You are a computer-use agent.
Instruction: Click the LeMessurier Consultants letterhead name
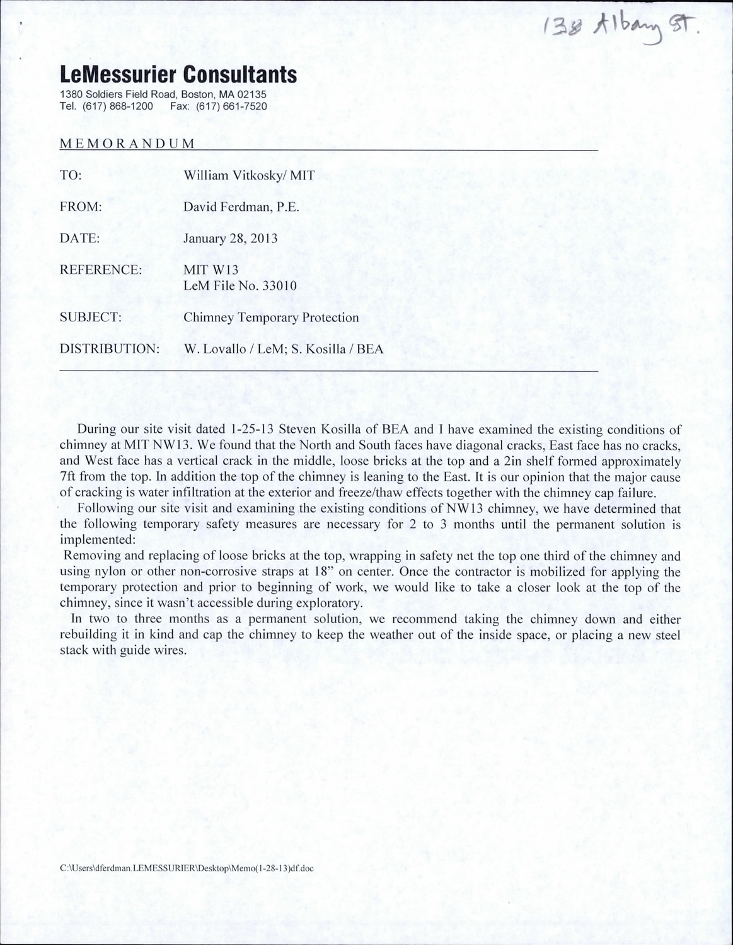tap(178, 76)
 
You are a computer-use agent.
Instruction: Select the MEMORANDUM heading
tap(127, 143)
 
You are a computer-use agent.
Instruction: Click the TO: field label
tap(70, 176)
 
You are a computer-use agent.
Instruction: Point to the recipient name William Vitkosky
tap(231, 176)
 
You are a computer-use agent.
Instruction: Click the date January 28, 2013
tap(230, 239)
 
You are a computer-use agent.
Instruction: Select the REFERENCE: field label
tap(100, 270)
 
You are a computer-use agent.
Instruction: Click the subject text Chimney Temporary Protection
tap(271, 318)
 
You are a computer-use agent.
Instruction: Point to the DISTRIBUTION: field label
tap(108, 349)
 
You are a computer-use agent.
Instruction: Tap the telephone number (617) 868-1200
tap(117, 106)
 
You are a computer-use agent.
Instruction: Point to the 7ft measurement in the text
tap(70, 477)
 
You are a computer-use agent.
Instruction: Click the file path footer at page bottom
tap(187, 868)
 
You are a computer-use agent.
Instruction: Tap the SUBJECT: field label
tap(90, 318)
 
